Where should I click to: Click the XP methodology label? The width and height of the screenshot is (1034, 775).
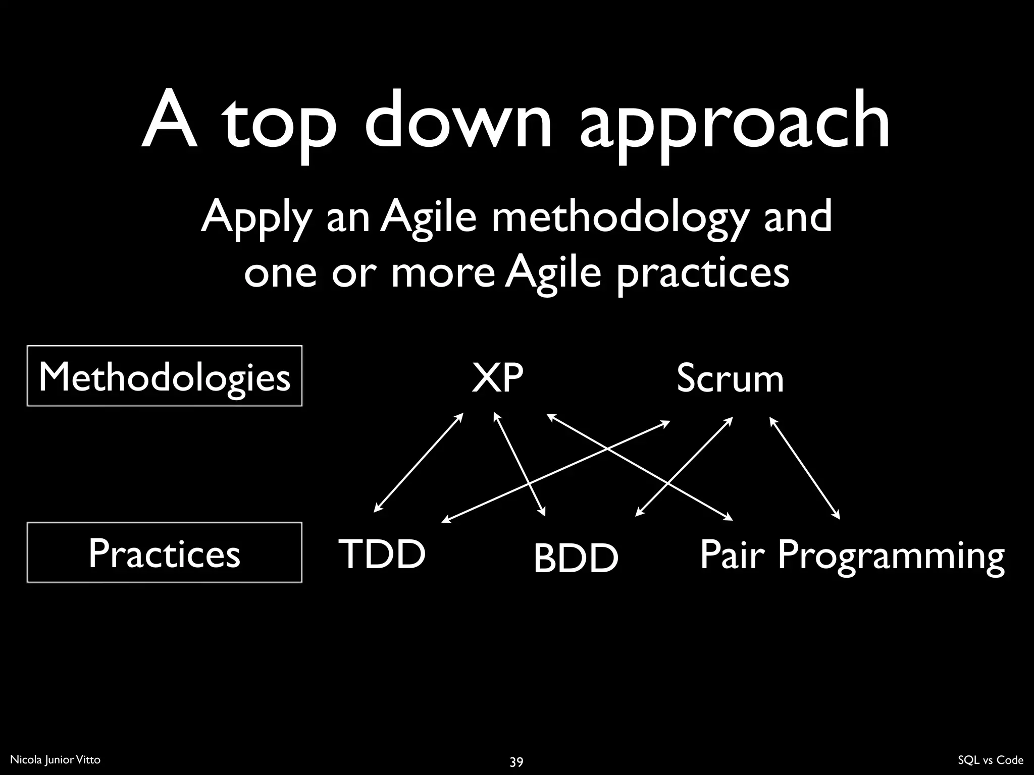[x=497, y=378]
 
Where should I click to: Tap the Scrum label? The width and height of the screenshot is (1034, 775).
[x=730, y=378]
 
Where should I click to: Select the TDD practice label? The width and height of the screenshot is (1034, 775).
[x=382, y=554]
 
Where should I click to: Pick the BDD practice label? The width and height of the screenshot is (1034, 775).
[x=576, y=558]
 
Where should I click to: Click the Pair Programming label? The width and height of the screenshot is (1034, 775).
[x=852, y=555]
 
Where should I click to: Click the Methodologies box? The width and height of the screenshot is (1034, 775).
[x=165, y=376]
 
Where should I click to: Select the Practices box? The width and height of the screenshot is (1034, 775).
[x=165, y=552]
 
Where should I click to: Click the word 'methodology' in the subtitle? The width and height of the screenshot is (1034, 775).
[x=619, y=218]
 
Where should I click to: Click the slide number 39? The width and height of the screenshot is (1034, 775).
[x=516, y=761]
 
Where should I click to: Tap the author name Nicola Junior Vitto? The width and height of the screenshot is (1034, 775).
[x=56, y=760]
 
